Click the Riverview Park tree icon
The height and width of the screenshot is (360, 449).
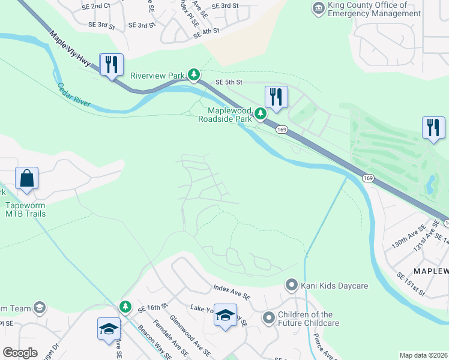click(193, 74)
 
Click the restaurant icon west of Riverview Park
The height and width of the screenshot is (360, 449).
click(111, 64)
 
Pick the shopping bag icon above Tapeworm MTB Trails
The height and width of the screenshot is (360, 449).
click(27, 178)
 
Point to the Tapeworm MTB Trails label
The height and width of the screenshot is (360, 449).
click(25, 209)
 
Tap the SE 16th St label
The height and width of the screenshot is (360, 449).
click(152, 307)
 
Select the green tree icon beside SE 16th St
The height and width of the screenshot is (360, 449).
click(125, 307)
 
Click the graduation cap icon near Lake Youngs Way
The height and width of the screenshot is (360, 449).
click(225, 316)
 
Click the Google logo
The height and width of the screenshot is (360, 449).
click(20, 353)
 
